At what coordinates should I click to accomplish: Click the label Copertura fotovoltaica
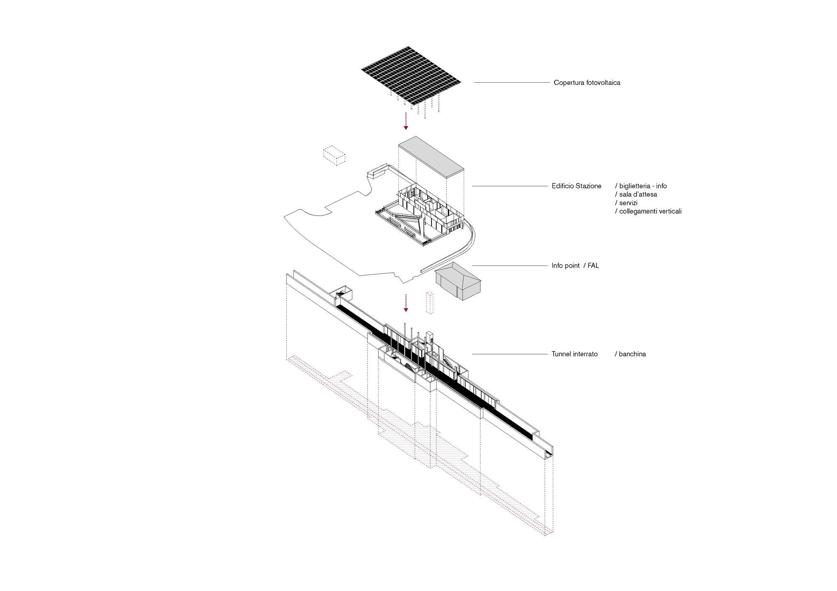click(587, 83)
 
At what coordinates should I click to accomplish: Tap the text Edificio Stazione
click(576, 186)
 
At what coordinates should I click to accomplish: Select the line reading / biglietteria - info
click(641, 186)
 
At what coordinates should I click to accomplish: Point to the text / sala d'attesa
click(636, 194)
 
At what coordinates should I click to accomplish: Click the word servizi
click(628, 203)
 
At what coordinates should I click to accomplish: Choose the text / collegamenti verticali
click(648, 211)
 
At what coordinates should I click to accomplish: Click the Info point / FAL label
click(575, 265)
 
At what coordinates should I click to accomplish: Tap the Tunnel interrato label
click(575, 354)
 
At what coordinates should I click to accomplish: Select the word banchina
click(632, 354)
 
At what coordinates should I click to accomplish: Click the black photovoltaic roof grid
click(411, 76)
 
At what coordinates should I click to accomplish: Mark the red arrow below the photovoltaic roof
click(406, 121)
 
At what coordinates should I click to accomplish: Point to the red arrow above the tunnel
click(406, 303)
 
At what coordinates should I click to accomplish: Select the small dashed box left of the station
click(334, 156)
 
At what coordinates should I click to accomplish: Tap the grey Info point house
click(458, 281)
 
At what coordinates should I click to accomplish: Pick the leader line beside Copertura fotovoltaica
click(511, 83)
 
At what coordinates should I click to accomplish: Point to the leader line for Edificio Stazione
click(510, 186)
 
